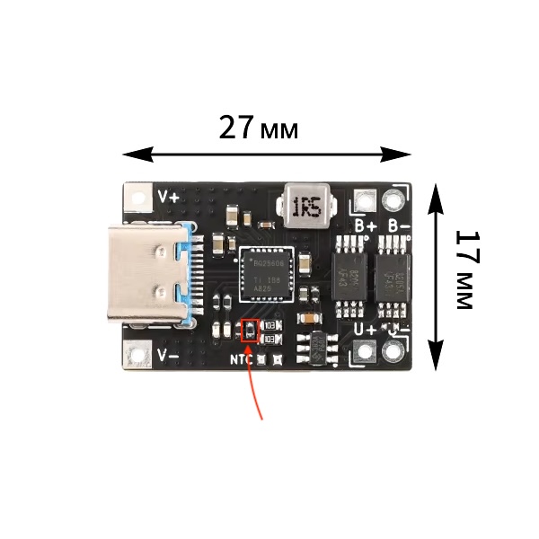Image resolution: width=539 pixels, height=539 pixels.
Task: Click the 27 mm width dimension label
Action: pos(259,129)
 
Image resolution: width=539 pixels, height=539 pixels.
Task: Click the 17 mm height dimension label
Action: pos(464,269)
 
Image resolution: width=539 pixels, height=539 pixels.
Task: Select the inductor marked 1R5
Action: pos(306,206)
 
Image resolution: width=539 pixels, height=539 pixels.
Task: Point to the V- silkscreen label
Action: pos(169,356)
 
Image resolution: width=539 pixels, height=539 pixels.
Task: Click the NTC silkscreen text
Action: pos(241,360)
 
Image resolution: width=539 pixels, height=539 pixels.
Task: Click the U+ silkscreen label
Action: pos(365,330)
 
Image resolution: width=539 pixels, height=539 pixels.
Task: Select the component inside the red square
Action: pos(251,330)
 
